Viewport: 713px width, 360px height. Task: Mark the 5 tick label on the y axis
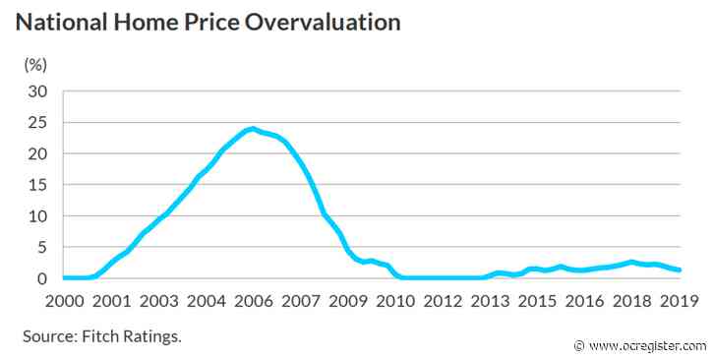[x=42, y=248]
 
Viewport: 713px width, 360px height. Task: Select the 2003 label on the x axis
[x=159, y=299]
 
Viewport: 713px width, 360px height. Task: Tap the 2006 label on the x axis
[x=255, y=299]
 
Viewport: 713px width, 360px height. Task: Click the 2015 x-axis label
[x=539, y=299]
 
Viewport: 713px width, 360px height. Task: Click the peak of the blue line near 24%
[x=253, y=129]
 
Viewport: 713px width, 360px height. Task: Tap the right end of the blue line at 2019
[x=681, y=270]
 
